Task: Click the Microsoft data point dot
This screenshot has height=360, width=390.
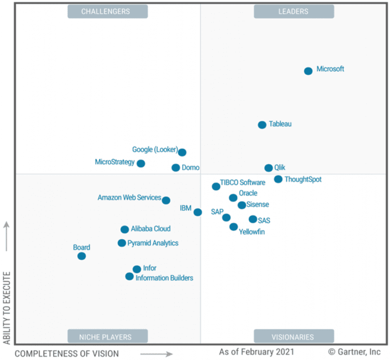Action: [308, 71]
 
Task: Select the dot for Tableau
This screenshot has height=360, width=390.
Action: [262, 125]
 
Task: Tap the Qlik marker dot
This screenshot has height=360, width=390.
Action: [269, 168]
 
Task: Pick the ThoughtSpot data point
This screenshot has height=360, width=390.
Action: [278, 179]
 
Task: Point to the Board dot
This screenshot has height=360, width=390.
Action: [81, 256]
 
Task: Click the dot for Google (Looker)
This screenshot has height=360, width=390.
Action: [182, 152]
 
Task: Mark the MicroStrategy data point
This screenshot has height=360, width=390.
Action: [141, 163]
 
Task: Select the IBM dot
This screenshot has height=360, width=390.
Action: [198, 212]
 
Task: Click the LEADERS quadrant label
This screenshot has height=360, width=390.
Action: [294, 12]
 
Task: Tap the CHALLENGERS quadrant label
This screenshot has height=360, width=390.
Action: [108, 12]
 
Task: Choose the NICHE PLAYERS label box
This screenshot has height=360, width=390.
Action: [108, 337]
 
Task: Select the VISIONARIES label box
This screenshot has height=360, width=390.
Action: [294, 337]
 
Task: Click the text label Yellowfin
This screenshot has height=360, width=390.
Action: [252, 232]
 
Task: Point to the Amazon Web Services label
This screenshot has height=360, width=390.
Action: [129, 198]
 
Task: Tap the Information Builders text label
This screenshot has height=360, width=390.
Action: [164, 278]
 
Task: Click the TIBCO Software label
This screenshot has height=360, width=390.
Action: [243, 183]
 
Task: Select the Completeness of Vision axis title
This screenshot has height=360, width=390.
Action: [67, 353]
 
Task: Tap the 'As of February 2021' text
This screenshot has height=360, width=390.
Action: [256, 351]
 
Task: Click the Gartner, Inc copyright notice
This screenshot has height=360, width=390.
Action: [354, 351]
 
